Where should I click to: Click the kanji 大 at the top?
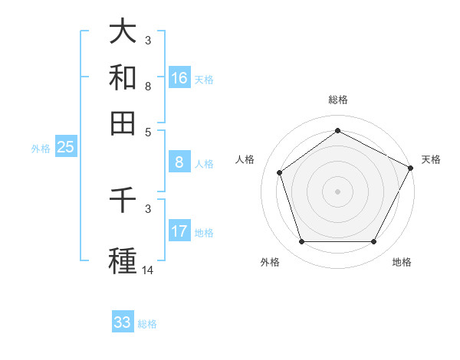(123, 31)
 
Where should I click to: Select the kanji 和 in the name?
(123, 77)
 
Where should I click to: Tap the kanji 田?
(123, 123)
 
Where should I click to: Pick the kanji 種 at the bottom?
(123, 260)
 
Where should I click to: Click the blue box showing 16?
(179, 78)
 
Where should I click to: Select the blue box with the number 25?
(65, 148)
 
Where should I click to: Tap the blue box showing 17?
(179, 231)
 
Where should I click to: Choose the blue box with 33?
(123, 322)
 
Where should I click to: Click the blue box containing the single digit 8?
(179, 162)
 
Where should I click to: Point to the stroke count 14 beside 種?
(149, 270)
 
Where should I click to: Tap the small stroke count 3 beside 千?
(148, 208)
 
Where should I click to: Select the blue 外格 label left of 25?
(40, 149)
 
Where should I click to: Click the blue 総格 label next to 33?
(147, 323)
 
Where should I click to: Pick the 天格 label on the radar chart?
(431, 159)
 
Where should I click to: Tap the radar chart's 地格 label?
(402, 262)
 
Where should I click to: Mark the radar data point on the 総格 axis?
(337, 131)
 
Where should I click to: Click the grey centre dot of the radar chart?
(337, 191)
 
